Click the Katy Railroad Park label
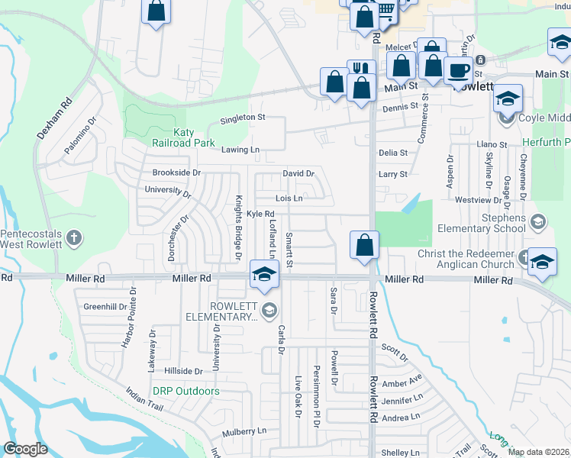tap(194, 137)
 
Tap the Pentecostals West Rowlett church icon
tap(74, 238)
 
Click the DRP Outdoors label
tap(185, 392)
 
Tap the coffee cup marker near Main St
tap(458, 71)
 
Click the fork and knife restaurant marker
tap(361, 70)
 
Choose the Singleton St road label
tap(242, 118)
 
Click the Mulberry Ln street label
tap(245, 431)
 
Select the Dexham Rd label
tap(53, 118)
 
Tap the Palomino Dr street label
tap(80, 135)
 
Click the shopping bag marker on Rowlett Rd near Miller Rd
tap(365, 246)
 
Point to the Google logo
tap(25, 449)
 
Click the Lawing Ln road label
tap(240, 150)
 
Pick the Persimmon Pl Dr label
tap(315, 390)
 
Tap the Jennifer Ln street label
tap(402, 399)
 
